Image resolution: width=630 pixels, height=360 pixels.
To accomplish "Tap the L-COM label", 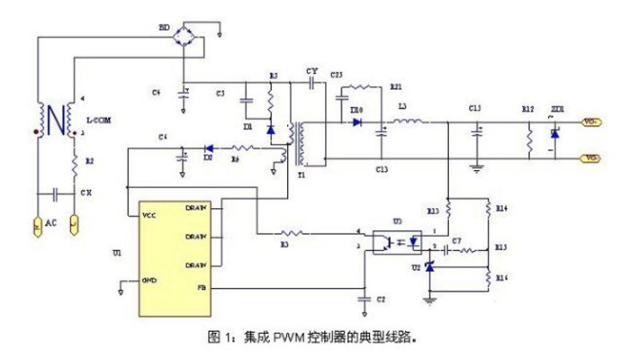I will [98, 120].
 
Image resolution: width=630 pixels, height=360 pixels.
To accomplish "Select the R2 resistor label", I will [87, 160].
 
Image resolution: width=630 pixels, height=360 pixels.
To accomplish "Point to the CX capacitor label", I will [85, 193].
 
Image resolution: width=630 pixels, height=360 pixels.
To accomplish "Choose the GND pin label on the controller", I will [150, 281].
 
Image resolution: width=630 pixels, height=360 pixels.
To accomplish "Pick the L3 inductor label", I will [401, 107].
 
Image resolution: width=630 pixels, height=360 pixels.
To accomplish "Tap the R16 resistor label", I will [501, 280].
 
